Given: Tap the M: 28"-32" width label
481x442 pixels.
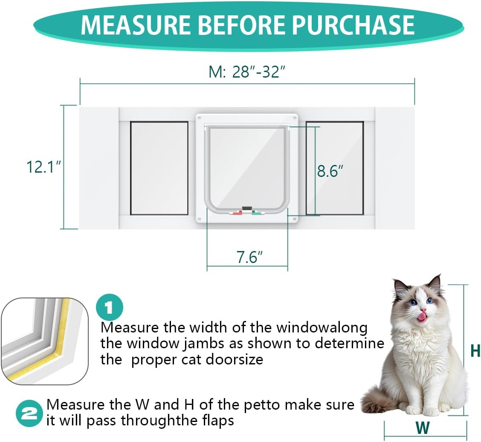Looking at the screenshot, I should tap(246, 72).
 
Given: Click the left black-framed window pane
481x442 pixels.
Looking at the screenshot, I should tap(159, 168).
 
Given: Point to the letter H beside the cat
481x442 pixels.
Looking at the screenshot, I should tap(475, 351).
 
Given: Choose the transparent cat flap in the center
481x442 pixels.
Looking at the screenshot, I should tap(247, 166).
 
